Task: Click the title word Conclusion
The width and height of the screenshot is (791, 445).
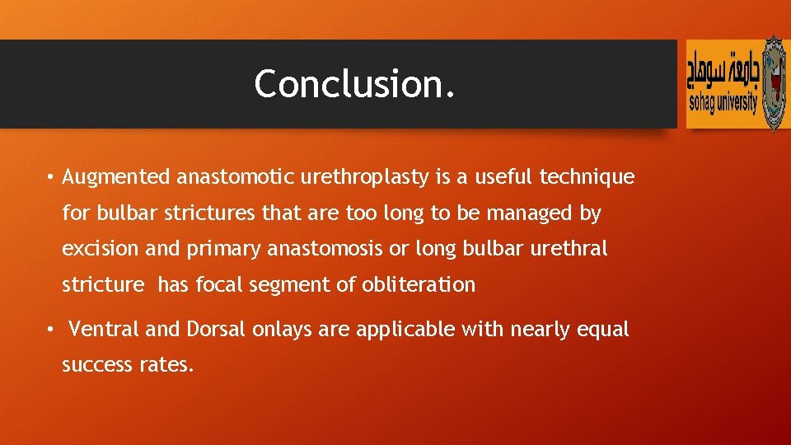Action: (354, 84)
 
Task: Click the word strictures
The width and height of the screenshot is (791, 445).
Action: (210, 213)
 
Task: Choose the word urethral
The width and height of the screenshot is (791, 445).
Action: (573, 250)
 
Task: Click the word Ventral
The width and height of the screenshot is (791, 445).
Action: (104, 330)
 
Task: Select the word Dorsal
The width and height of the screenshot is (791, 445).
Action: (216, 330)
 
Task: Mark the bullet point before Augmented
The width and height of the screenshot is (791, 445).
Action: (50, 178)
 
